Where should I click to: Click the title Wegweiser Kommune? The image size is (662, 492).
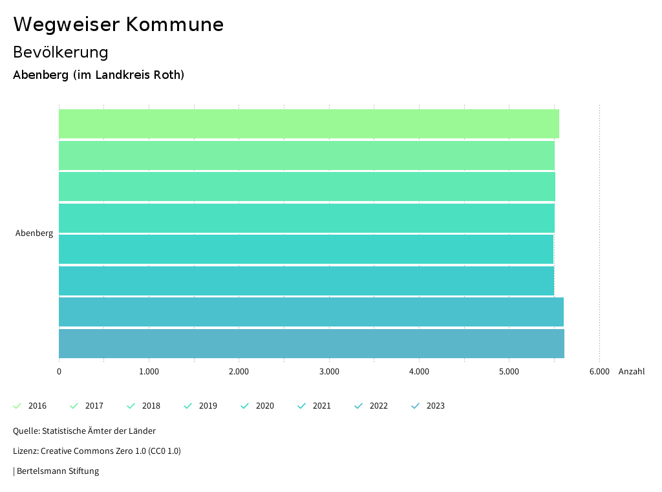pos(118,25)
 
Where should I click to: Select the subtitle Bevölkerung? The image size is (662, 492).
pos(61,52)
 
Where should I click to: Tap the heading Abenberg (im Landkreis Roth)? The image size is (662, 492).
pos(99,75)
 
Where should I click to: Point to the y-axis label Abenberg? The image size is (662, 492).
pos(34,233)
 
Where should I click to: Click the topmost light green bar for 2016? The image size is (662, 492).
pos(308,123)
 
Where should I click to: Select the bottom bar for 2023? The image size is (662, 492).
pos(311,343)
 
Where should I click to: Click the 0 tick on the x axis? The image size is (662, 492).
pos(59,371)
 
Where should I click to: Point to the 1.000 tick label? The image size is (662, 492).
pos(149,371)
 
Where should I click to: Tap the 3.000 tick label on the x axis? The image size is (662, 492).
pos(329,371)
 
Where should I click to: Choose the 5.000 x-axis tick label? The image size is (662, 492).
pos(509,371)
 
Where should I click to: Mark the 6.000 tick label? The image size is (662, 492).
pos(599,371)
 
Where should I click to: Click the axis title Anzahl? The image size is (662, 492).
pos(632,371)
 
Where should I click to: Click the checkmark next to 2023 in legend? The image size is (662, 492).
pos(416,406)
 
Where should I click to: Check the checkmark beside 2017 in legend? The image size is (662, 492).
pos(74,406)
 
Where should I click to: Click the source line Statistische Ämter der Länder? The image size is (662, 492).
pos(84,431)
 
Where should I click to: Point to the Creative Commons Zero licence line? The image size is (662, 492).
pos(97,451)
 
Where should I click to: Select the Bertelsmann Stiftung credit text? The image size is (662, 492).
pos(57,471)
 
